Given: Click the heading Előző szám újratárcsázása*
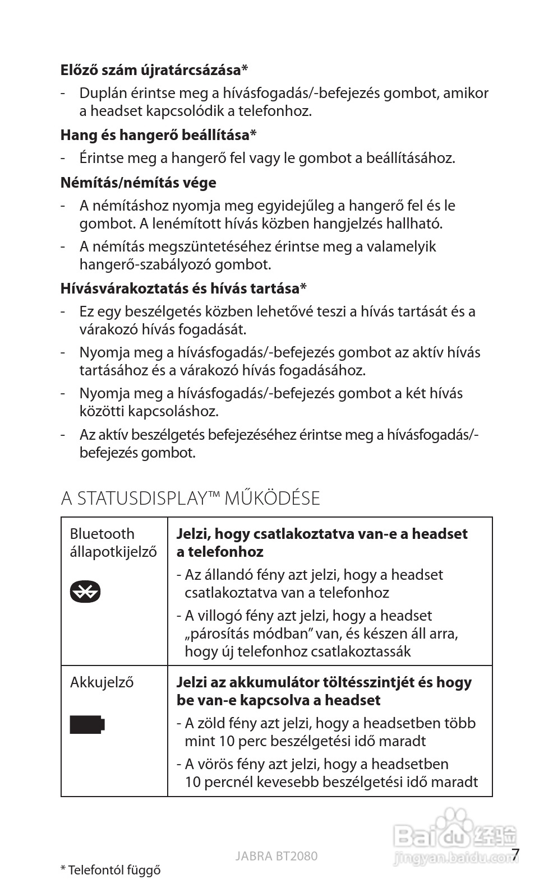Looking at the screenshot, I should coord(154,70).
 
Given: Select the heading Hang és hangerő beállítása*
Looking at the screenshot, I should coord(159,135).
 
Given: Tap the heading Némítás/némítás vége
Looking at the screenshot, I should coord(138,183).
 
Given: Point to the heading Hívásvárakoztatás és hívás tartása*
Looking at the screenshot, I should coord(183,288).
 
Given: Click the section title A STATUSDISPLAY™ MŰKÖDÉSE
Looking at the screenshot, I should coord(190,498).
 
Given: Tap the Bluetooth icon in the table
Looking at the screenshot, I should coord(85,591).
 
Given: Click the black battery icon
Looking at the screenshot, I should coord(87,724).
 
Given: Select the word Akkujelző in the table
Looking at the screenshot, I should coord(102,682).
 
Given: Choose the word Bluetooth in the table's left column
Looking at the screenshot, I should coord(102,534).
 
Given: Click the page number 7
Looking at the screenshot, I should coord(515,854).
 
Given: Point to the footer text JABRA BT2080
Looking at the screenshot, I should coord(276,856).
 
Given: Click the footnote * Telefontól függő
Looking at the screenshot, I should coord(110,870).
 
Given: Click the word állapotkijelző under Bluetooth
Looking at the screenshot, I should coord(113,552).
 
